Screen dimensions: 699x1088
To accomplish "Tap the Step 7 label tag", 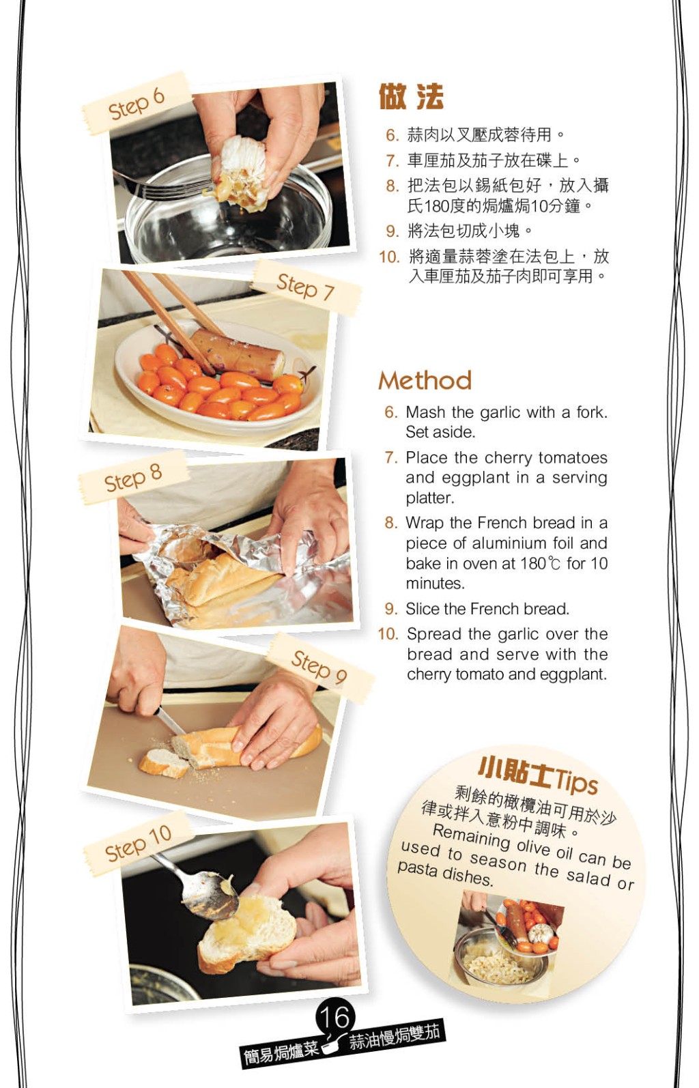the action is (x=306, y=287).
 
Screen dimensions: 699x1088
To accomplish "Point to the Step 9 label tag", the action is (x=319, y=668).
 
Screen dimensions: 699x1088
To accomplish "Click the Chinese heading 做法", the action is (x=411, y=96).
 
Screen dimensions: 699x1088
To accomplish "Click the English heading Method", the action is (x=425, y=380).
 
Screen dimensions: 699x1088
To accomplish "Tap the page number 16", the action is (x=335, y=1017).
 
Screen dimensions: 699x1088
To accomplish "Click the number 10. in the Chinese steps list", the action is (x=389, y=257).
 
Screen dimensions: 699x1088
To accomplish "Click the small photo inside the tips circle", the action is (x=508, y=941).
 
